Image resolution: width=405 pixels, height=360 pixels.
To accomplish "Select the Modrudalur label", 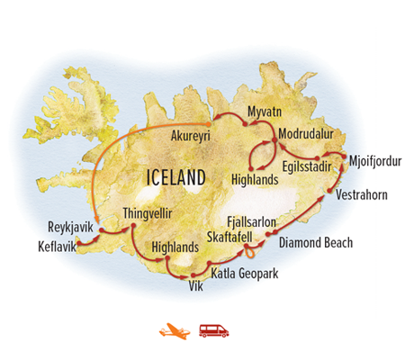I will pyautogui.click(x=306, y=136).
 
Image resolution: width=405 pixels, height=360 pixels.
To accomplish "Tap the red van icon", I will pyautogui.click(x=214, y=330).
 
